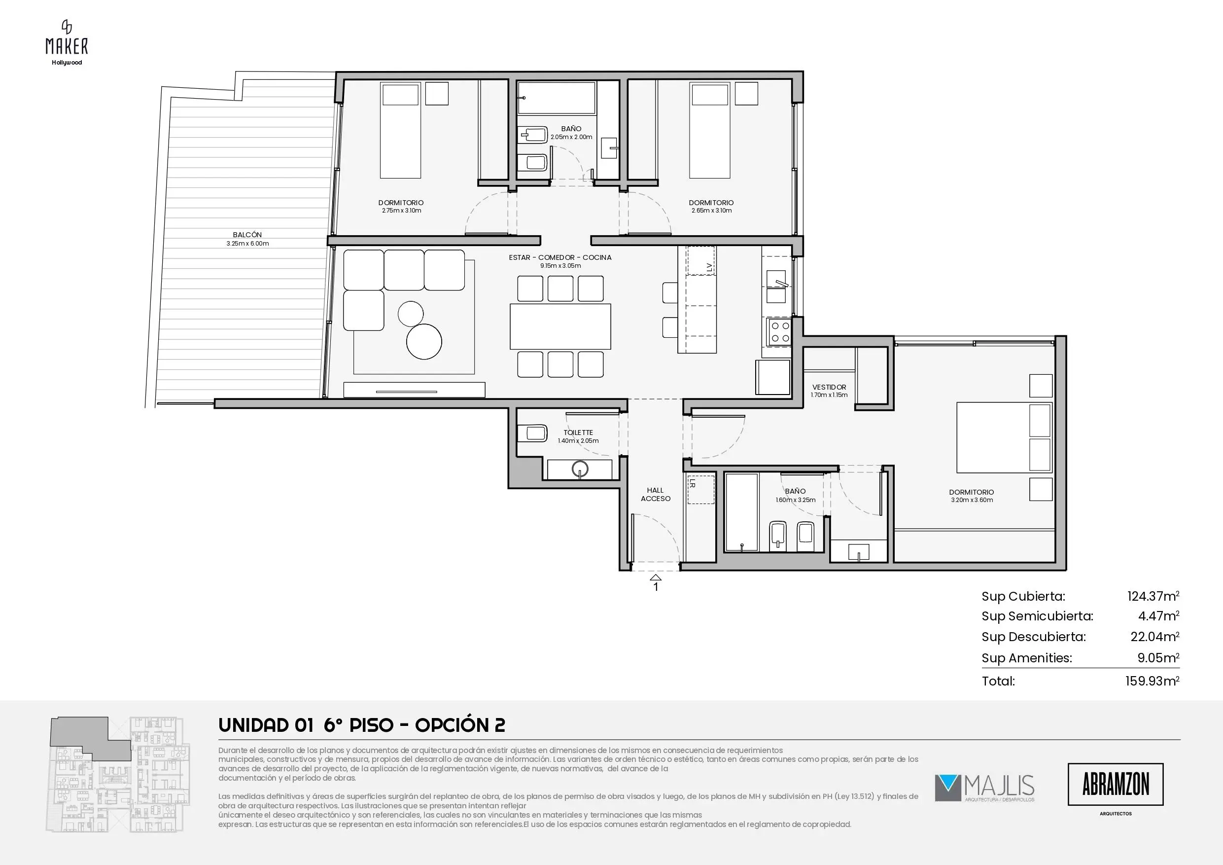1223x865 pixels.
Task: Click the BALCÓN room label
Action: point(247,235)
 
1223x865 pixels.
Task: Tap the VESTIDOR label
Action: point(829,388)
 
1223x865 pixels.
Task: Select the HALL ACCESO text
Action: point(655,495)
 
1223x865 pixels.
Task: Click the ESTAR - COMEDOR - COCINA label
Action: point(560,257)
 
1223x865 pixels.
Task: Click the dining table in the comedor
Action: point(560,326)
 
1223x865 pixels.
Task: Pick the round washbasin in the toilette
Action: point(580,469)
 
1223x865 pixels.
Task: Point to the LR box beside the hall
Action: point(700,489)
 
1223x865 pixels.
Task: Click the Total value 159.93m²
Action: point(1152,681)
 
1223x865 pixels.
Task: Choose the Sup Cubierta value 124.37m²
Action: point(1153,596)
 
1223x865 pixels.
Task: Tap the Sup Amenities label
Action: point(1026,658)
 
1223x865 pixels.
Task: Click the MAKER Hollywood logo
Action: point(67,42)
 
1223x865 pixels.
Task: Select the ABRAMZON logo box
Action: point(1116,785)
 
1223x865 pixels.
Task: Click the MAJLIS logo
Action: point(984,788)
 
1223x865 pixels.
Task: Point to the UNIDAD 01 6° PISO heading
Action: point(306,725)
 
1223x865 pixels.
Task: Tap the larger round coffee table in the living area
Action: point(424,342)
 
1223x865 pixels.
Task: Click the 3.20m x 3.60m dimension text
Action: point(972,500)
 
